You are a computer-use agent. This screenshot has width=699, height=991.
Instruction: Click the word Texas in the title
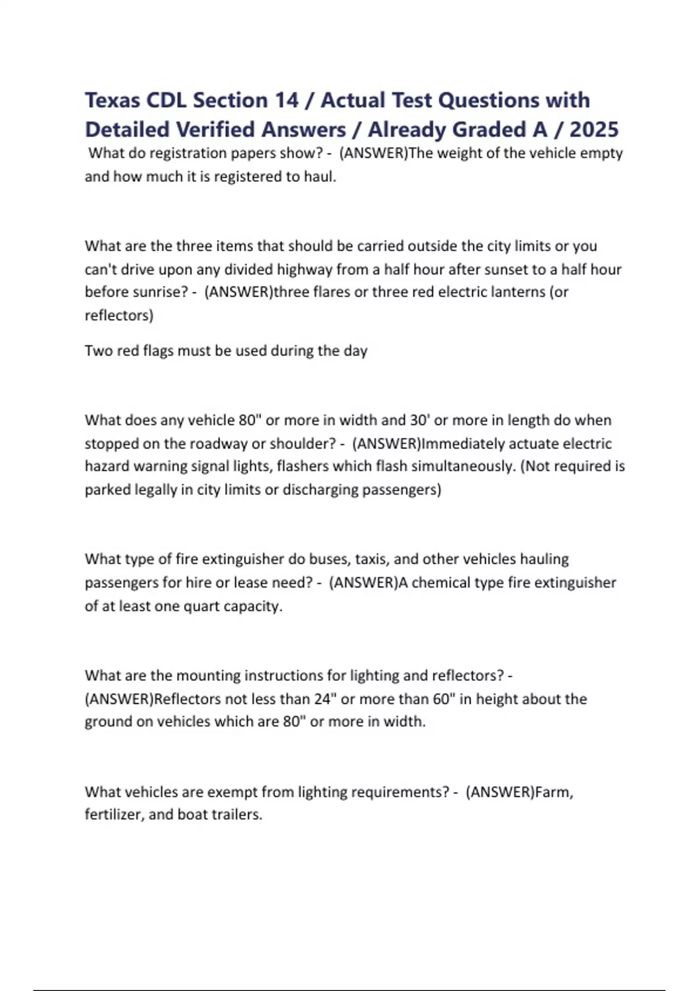(x=112, y=100)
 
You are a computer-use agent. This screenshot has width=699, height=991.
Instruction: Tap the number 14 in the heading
(x=285, y=100)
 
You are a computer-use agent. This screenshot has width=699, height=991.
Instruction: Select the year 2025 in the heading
(x=594, y=129)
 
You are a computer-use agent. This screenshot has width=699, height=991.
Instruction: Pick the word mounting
(x=208, y=676)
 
